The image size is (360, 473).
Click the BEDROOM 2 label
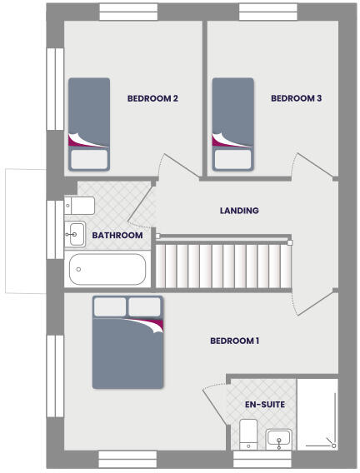coord(152,98)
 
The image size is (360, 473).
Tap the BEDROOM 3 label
coord(297,98)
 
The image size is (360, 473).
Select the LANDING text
coord(239,211)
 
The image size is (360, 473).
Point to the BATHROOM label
coord(117,236)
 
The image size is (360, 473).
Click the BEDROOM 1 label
coord(235,341)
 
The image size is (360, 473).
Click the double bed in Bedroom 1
coord(127,341)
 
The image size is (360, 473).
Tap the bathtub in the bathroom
coord(107,269)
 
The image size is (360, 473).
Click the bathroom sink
coord(75,235)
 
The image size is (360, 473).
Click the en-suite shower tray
coord(317,415)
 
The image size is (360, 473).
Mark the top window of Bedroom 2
coord(128,12)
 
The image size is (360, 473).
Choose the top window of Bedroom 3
coord(268,12)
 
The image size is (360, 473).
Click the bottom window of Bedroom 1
coord(127,459)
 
